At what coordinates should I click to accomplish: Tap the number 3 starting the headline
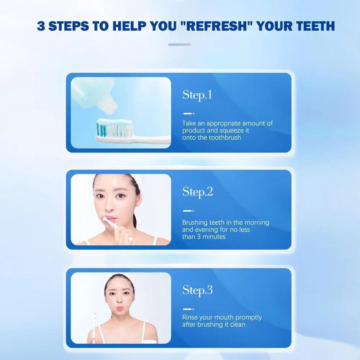pyautogui.click(x=41, y=26)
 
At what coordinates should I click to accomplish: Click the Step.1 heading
pyautogui.click(x=197, y=95)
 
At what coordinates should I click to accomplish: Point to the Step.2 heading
pyautogui.click(x=197, y=192)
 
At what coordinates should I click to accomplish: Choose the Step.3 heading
pyautogui.click(x=197, y=291)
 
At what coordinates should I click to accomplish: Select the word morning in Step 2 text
pyautogui.click(x=257, y=223)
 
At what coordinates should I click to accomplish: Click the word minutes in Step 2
pyautogui.click(x=214, y=237)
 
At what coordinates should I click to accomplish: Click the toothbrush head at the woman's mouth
pyautogui.click(x=107, y=220)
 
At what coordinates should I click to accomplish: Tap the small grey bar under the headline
pyautogui.click(x=179, y=45)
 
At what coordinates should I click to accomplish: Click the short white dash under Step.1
pyautogui.click(x=187, y=113)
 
